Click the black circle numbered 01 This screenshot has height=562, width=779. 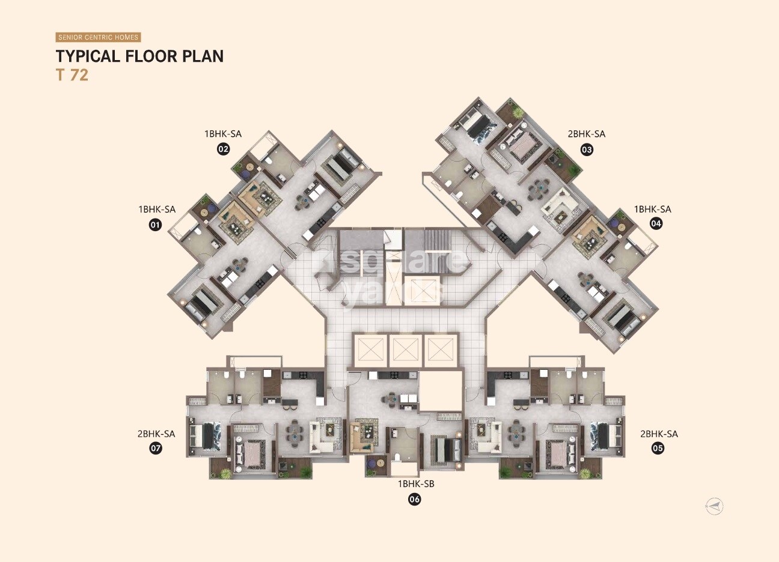[x=156, y=225]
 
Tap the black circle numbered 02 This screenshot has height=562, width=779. [x=223, y=149]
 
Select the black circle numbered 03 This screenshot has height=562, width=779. [x=587, y=149]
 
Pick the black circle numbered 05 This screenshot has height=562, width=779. [x=658, y=448]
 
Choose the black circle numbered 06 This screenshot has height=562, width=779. [x=415, y=498]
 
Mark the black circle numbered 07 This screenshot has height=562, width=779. [x=156, y=448]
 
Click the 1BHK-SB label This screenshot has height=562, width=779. [x=415, y=483]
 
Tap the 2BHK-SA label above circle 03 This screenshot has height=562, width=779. [x=586, y=134]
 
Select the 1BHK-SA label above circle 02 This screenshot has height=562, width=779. [x=223, y=134]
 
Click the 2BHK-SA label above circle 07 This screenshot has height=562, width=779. [x=156, y=434]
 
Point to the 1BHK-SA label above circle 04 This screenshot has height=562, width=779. [x=652, y=209]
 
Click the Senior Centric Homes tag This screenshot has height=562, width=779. [x=98, y=37]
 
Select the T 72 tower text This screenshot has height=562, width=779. [x=72, y=76]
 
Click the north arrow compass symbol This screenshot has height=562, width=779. [x=714, y=506]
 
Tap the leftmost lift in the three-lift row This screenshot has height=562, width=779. [x=369, y=348]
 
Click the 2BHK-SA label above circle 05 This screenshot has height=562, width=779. [x=659, y=434]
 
